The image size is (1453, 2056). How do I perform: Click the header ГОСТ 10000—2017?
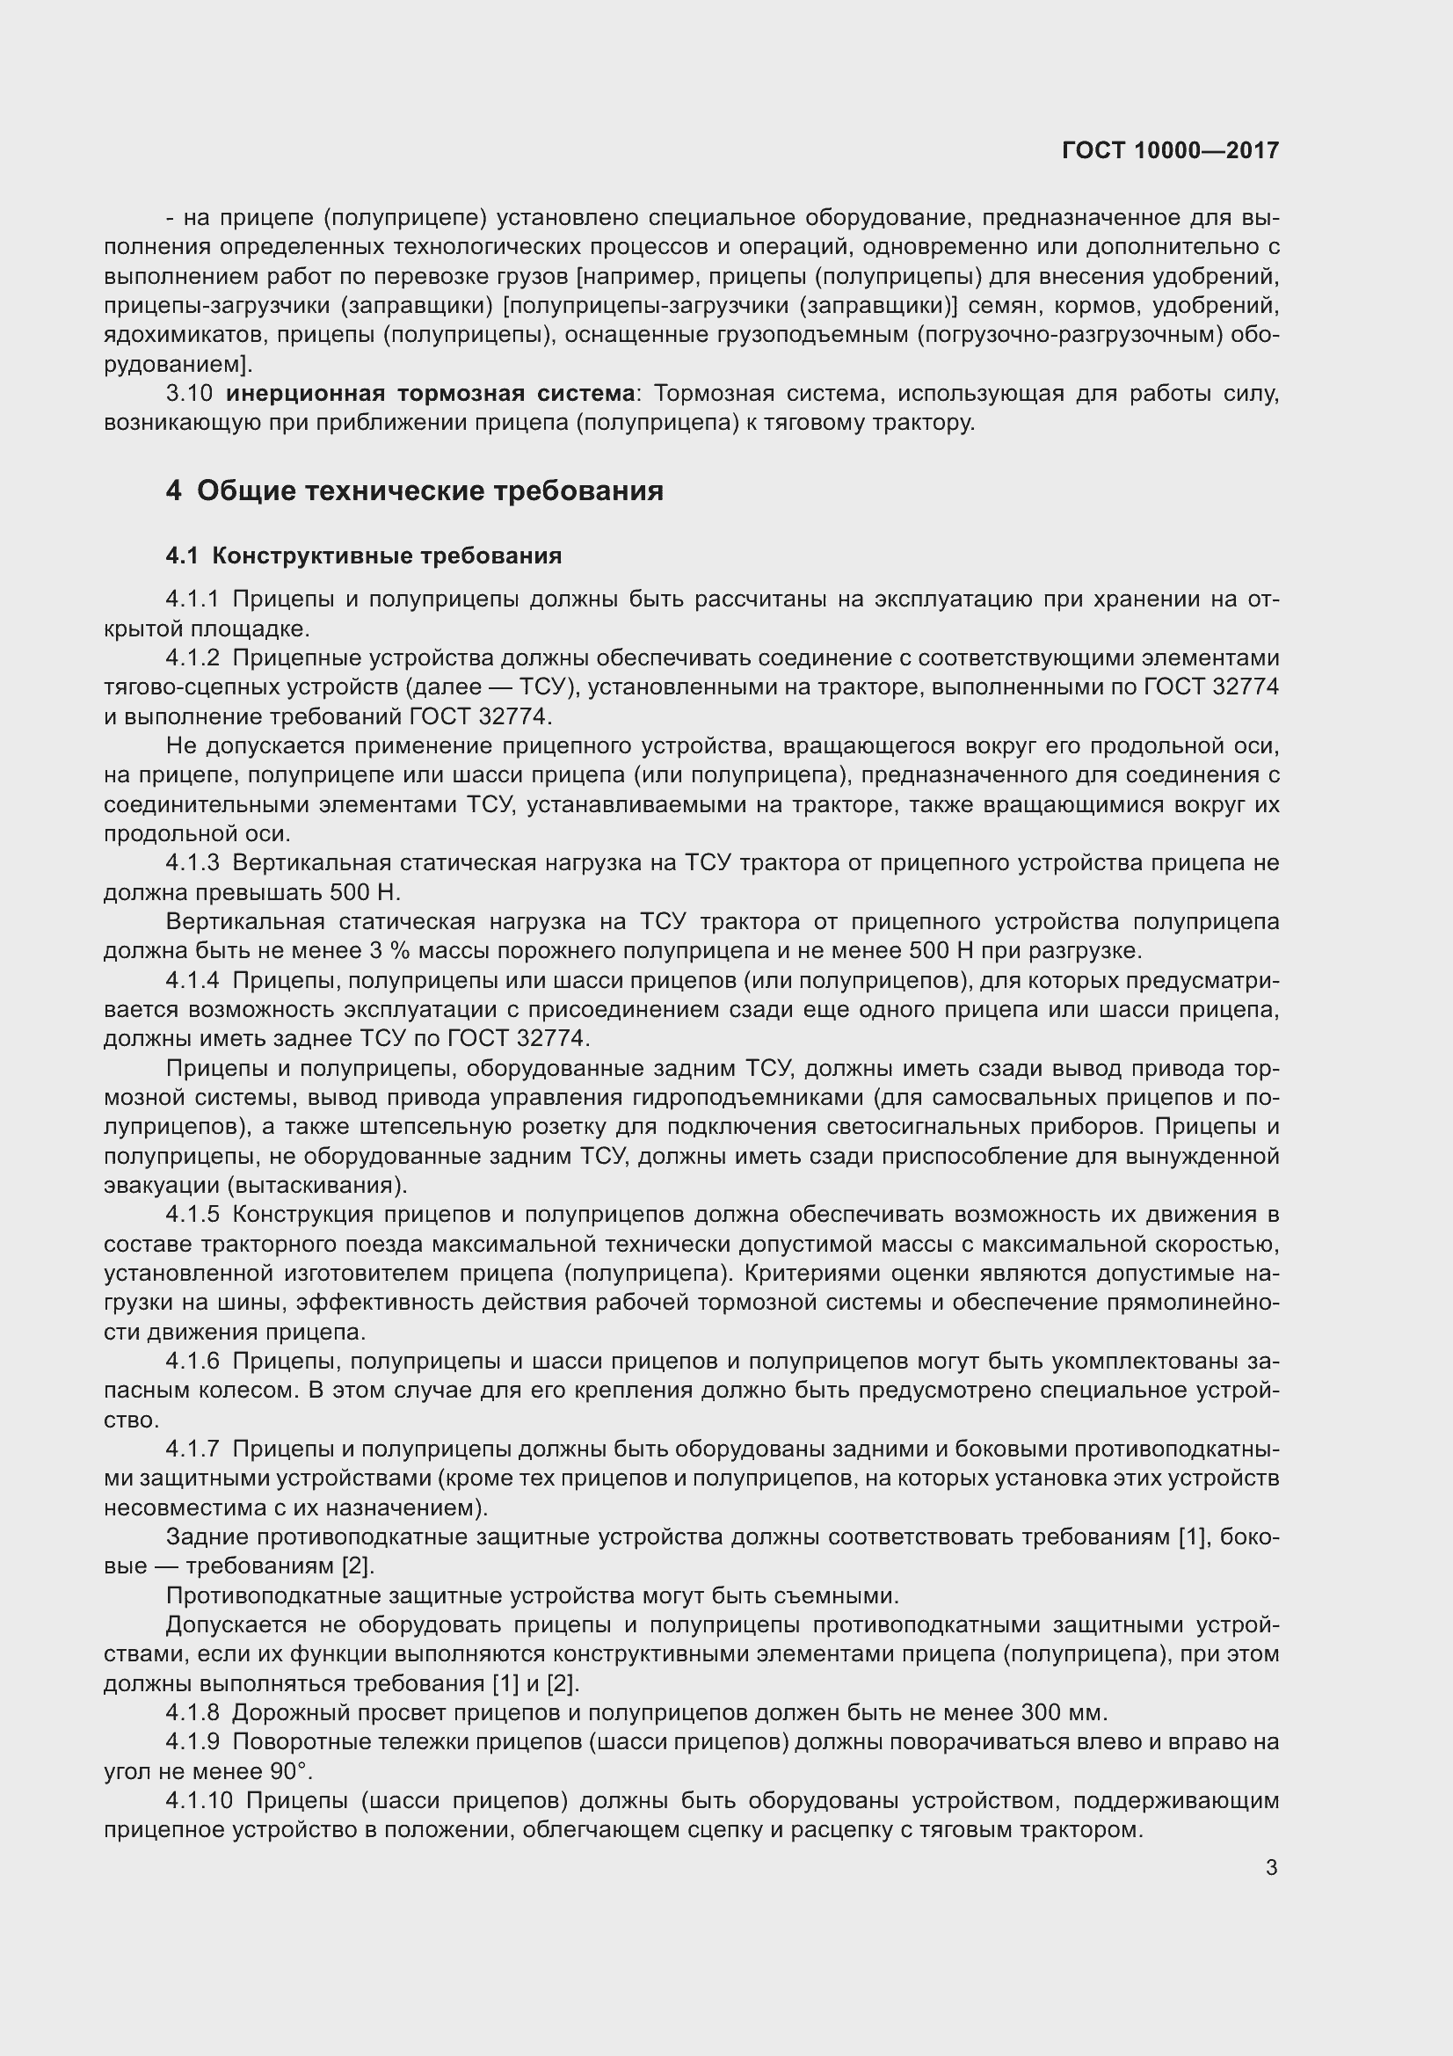coord(1170,150)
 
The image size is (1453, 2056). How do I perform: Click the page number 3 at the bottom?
coord(1271,1868)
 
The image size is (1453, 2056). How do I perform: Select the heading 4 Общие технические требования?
coord(415,490)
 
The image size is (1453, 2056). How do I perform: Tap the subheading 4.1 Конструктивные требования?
coord(364,556)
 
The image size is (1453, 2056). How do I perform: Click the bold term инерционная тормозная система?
coord(430,393)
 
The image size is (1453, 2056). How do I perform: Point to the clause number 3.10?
coord(189,393)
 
